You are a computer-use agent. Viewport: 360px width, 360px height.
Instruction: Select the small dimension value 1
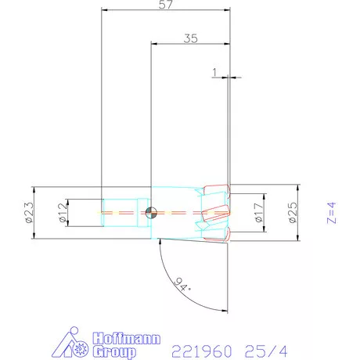(x=214, y=72)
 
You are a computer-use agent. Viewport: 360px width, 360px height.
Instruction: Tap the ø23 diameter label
(x=28, y=211)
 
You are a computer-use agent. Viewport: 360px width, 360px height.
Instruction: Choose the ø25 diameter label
(x=292, y=211)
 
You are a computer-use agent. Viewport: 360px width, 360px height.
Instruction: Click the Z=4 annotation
(x=331, y=211)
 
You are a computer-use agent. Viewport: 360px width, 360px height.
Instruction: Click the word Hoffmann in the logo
(x=127, y=338)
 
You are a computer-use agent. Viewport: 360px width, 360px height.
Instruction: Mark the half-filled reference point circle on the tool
(x=150, y=212)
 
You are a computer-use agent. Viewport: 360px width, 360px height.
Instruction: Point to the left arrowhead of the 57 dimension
(x=104, y=11)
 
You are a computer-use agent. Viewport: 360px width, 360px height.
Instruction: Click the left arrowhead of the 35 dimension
(x=153, y=44)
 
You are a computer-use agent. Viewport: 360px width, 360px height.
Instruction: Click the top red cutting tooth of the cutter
(x=215, y=191)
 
